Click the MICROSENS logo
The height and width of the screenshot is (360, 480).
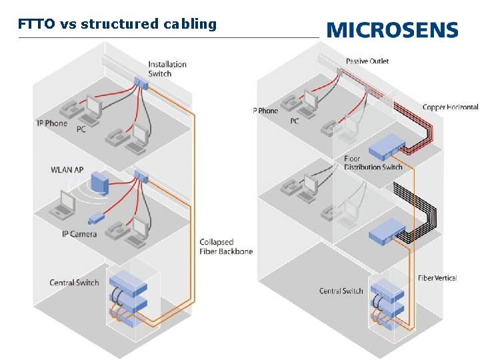pos(393,30)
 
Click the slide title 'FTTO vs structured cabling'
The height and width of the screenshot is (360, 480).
pos(117,25)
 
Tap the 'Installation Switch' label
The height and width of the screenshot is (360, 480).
pos(167,69)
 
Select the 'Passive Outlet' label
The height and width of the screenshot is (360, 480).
pos(367,61)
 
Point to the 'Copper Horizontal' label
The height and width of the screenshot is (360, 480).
pos(450,107)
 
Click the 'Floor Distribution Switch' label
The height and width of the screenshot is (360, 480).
pos(373,163)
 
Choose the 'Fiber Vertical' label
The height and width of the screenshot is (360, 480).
pos(437,278)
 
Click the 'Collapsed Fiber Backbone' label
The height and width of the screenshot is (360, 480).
pos(226,246)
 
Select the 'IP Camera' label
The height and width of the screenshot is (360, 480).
pos(79,234)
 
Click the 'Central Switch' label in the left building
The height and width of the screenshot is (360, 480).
pos(74,283)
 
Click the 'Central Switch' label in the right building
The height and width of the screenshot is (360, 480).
pos(341,291)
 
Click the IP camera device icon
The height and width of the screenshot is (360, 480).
pos(97,218)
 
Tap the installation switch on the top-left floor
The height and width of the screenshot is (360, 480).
pos(141,83)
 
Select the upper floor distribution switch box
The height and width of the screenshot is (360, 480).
pos(387,145)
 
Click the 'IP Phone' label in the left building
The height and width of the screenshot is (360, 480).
pos(52,123)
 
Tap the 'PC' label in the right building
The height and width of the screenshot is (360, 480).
pos(294,121)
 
